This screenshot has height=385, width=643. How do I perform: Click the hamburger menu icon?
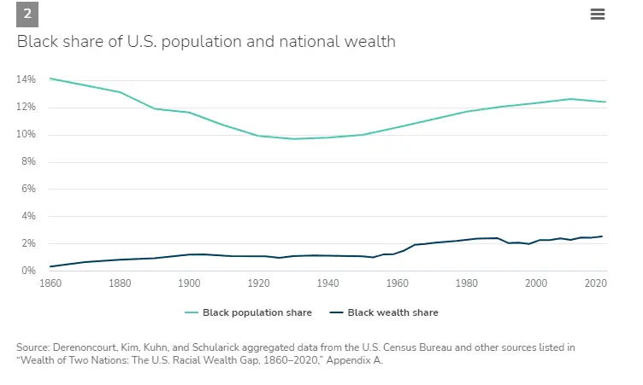598,14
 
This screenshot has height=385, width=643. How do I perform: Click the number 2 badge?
27,15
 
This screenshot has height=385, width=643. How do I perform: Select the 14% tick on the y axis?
26,79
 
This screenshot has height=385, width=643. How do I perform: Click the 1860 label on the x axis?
50,283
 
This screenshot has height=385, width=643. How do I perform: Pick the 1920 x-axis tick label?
258,283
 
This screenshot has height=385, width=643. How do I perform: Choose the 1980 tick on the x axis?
466,283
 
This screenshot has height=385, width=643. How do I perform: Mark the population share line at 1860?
50,79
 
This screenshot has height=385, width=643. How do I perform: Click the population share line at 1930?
293,138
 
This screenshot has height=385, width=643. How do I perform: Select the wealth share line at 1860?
50,266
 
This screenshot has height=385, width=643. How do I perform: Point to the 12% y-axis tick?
26,107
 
